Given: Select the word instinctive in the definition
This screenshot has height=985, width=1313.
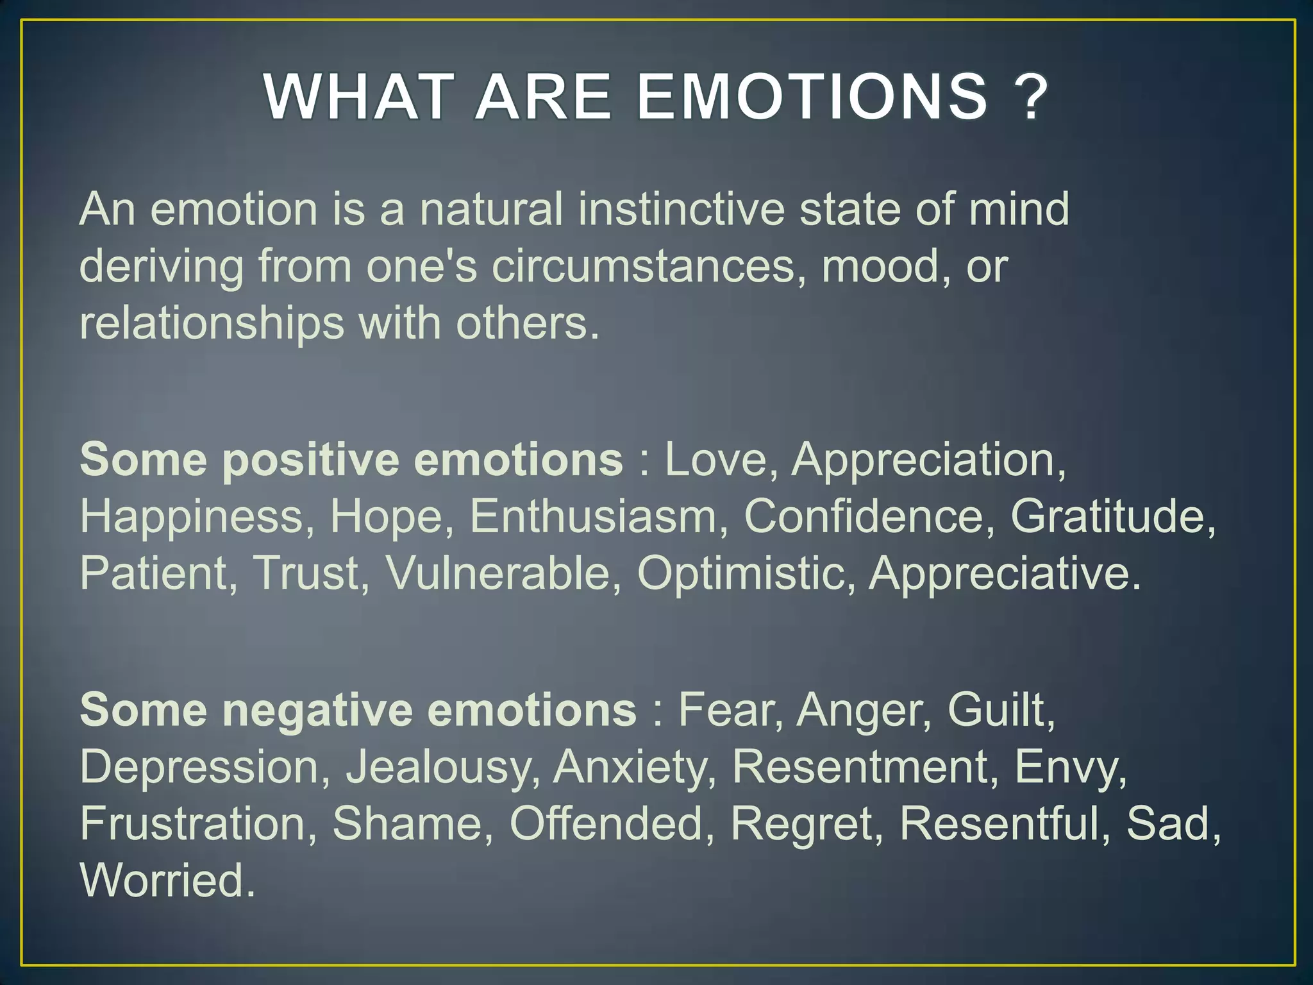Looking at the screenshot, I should click(x=681, y=210).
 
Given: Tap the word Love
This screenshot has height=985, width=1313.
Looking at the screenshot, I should click(x=715, y=460).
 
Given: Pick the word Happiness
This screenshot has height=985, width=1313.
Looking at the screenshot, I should click(x=190, y=517).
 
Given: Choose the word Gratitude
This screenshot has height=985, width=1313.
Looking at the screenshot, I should click(x=1111, y=517).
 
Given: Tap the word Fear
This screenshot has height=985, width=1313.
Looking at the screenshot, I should click(x=728, y=711).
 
